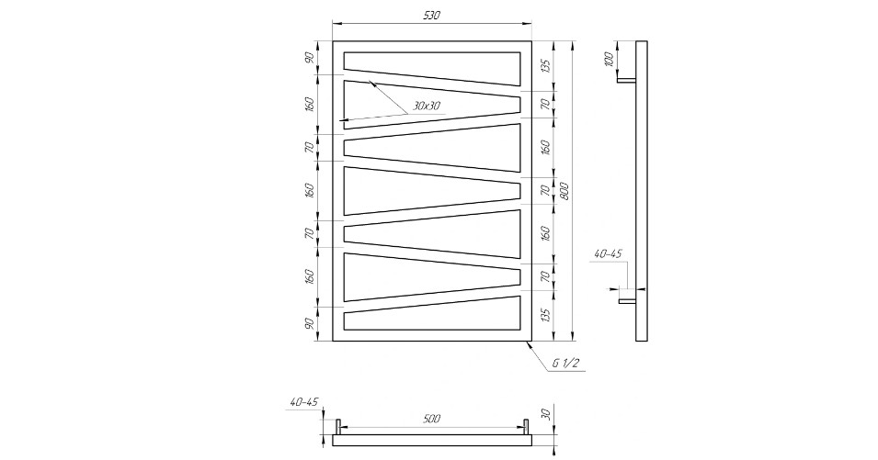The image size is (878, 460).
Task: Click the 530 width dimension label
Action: pyautogui.click(x=432, y=16)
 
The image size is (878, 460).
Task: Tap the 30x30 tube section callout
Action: pyautogui.click(x=427, y=106)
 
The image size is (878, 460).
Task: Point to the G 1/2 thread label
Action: pyautogui.click(x=565, y=364)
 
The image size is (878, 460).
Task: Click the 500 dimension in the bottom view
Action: pyautogui.click(x=432, y=419)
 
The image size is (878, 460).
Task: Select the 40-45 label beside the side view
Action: pyautogui.click(x=608, y=253)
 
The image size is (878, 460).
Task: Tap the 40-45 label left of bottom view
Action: pyautogui.click(x=304, y=401)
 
